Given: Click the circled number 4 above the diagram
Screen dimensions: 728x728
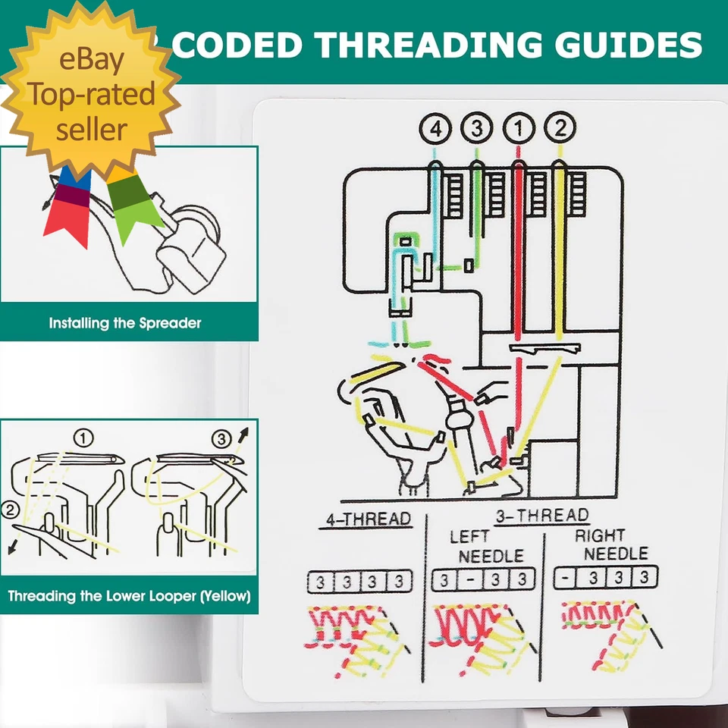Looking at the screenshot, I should click(x=435, y=128).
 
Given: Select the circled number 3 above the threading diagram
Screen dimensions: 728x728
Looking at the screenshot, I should click(x=476, y=128).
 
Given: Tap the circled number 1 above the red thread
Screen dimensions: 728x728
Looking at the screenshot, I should click(x=519, y=128).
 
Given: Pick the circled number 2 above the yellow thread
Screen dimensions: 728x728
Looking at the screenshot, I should click(x=560, y=128).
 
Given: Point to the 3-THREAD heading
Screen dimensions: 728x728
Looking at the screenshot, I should click(x=541, y=516).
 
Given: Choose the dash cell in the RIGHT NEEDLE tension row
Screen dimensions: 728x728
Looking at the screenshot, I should click(x=565, y=576).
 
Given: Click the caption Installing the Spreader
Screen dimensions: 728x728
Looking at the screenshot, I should click(x=125, y=323).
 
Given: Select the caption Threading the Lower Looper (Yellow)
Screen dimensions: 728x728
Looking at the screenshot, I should click(x=129, y=596).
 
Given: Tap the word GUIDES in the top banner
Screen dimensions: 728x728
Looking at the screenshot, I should click(x=638, y=45).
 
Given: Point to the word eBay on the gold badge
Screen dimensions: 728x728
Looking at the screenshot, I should click(x=92, y=61).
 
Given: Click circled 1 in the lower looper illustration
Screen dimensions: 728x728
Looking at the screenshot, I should click(x=83, y=438).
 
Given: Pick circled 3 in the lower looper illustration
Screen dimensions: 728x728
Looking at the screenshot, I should click(x=221, y=438).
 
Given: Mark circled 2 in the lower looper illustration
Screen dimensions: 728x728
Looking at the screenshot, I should click(x=11, y=510).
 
